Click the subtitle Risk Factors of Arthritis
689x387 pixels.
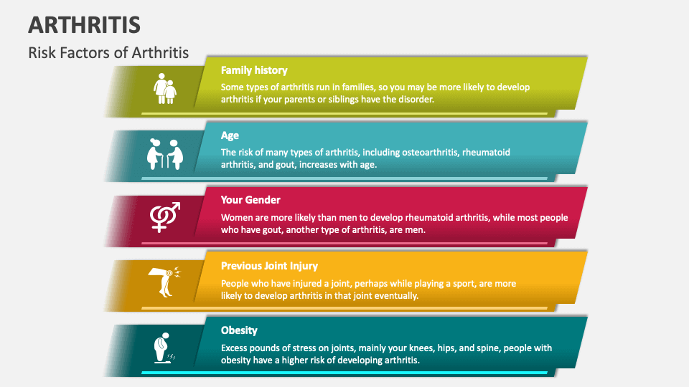pos(108,52)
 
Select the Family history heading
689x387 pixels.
pos(254,70)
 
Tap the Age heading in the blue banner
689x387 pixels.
pos(230,135)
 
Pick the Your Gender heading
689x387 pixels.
pos(250,200)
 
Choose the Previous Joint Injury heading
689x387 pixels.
pos(269,266)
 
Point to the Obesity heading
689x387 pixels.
pos(239,330)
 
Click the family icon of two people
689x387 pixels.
pos(164,89)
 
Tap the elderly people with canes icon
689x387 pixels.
pos(165,153)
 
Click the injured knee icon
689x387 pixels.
pos(164,282)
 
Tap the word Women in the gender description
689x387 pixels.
pos(238,217)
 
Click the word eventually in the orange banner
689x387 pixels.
pos(393,295)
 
